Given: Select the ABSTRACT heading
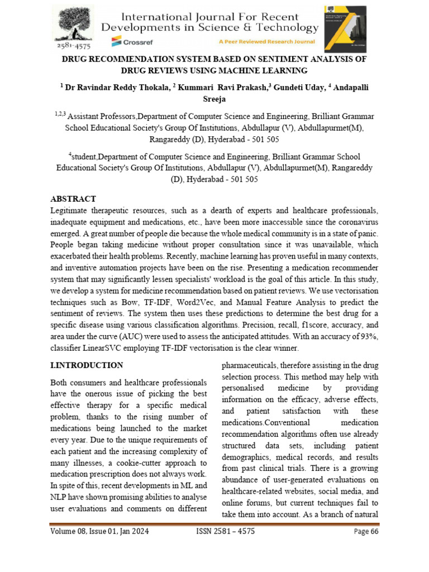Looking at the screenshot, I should (73, 199).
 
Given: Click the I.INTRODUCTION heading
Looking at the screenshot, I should (87, 365).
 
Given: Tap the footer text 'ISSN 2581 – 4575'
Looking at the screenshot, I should (225, 531).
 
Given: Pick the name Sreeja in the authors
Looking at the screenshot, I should (214, 99).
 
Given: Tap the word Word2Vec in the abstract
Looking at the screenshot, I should (211, 302).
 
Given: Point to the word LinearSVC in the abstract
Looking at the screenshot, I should (102, 347).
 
